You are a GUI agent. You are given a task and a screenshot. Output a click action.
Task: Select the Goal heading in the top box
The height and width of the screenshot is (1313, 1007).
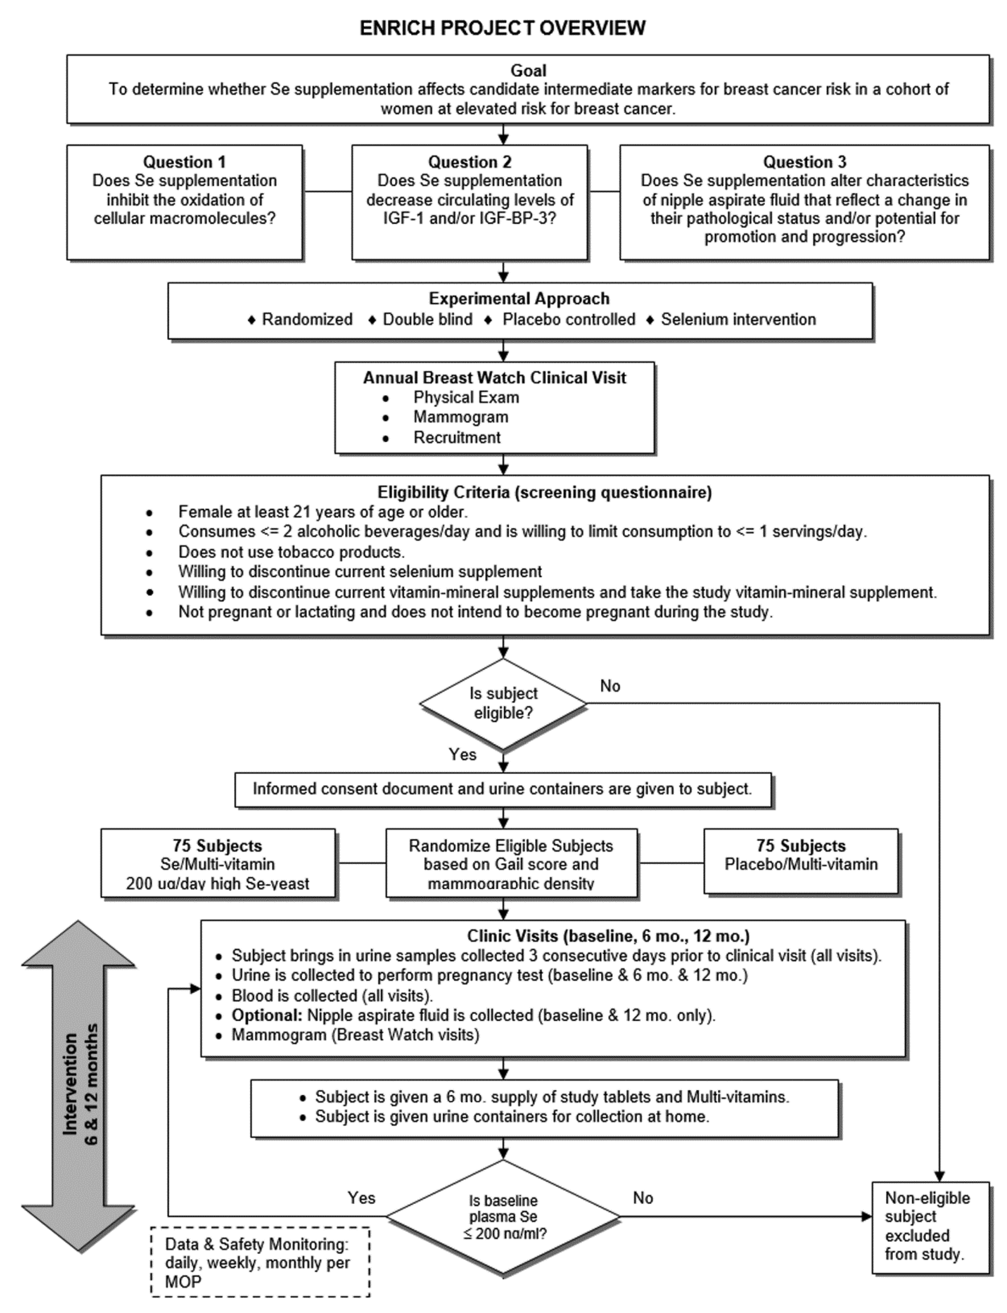[528, 71]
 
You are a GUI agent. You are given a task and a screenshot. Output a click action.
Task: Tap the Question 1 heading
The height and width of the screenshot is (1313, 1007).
[184, 162]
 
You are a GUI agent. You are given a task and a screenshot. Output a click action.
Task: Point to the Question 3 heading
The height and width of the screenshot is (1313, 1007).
[804, 162]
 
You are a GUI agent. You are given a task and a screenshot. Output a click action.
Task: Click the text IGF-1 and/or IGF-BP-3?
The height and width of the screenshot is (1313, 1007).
[469, 218]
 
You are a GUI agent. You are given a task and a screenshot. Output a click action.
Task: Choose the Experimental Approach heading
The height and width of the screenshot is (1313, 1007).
[519, 298]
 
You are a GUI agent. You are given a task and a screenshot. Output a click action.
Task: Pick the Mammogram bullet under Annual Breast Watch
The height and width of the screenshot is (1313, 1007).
[460, 417]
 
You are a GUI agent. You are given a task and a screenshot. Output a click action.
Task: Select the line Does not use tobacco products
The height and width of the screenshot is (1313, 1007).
[291, 552]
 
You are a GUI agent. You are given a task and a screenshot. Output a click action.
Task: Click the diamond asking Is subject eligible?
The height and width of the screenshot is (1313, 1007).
[503, 703]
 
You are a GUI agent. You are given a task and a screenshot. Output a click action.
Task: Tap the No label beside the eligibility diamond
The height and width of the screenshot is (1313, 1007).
[610, 686]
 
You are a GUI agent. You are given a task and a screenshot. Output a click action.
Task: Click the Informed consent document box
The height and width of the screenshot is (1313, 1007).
[502, 789]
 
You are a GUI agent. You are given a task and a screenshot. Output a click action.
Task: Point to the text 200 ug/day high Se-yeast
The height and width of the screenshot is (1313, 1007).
[217, 883]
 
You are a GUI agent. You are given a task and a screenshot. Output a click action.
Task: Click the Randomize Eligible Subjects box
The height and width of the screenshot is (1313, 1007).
[511, 864]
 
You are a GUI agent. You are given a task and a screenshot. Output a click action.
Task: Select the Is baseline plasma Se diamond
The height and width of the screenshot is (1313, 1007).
[503, 1217]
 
